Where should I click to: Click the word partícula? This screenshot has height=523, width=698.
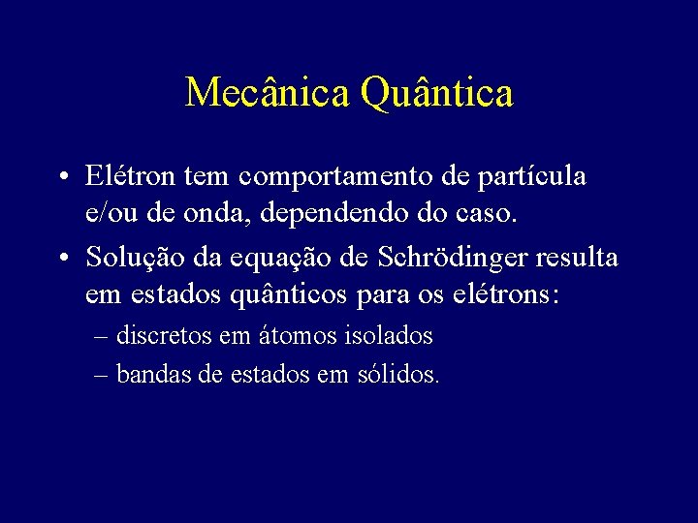(532, 176)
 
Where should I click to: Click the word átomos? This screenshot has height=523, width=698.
(300, 336)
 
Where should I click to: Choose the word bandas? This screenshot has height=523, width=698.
(154, 374)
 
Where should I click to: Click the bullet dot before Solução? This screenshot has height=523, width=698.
(62, 258)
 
